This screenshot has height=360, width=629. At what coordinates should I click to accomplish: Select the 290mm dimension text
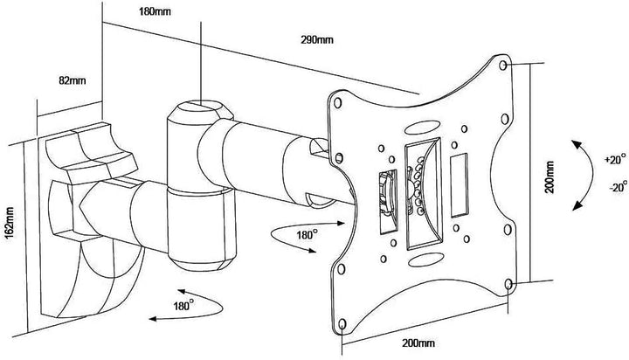[x=306, y=40]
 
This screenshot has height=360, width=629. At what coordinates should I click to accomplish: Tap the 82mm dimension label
[x=71, y=81]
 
